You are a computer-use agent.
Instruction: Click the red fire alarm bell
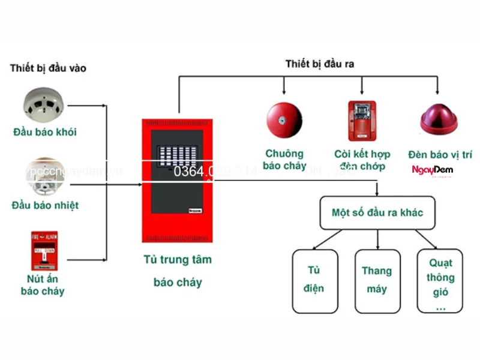pyautogui.click(x=284, y=120)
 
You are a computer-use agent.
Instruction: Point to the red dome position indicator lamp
pyautogui.click(x=439, y=119)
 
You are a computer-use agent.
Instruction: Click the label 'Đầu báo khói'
pyautogui.click(x=44, y=132)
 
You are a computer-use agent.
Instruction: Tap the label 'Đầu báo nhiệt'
pyautogui.click(x=45, y=205)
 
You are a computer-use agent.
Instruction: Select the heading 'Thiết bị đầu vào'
pyautogui.click(x=48, y=68)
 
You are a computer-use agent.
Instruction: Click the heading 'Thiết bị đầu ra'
pyautogui.click(x=319, y=64)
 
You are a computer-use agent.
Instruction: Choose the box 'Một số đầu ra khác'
pyautogui.click(x=377, y=213)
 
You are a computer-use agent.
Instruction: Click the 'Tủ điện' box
pyautogui.click(x=315, y=280)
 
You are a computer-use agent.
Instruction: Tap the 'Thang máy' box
pyautogui.click(x=377, y=280)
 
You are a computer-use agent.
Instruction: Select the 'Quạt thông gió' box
pyautogui.click(x=440, y=281)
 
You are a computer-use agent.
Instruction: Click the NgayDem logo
pyautogui.click(x=432, y=170)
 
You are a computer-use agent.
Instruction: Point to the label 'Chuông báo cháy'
pyautogui.click(x=284, y=160)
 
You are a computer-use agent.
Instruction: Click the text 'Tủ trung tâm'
pyautogui.click(x=178, y=260)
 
